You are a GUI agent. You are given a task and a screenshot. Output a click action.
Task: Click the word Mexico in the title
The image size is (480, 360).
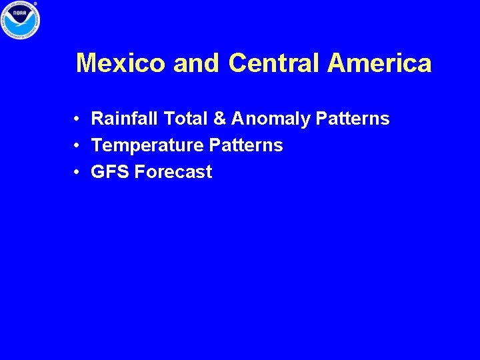click(121, 64)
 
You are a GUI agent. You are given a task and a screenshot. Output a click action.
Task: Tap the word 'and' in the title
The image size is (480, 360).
click(196, 64)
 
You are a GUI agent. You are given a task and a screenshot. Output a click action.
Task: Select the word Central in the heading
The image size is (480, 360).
click(274, 64)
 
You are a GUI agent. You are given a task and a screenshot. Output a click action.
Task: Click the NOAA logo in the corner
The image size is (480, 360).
click(21, 19)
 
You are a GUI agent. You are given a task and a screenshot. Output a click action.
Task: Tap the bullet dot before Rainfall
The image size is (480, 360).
click(78, 119)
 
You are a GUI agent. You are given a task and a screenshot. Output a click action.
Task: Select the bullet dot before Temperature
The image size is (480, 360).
click(78, 146)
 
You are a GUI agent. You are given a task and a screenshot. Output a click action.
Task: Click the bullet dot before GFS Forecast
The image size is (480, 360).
click(78, 173)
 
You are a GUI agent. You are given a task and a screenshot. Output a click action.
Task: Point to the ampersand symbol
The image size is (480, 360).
click(219, 119)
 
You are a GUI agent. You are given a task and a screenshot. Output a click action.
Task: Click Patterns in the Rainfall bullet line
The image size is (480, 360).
click(353, 119)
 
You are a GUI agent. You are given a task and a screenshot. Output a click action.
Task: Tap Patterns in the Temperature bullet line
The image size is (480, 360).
click(246, 146)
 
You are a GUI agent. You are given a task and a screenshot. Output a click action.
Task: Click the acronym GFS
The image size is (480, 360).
click(110, 172)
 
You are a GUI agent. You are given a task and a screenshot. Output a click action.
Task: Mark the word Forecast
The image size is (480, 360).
click(173, 172)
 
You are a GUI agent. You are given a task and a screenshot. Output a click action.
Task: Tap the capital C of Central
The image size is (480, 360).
click(237, 64)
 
